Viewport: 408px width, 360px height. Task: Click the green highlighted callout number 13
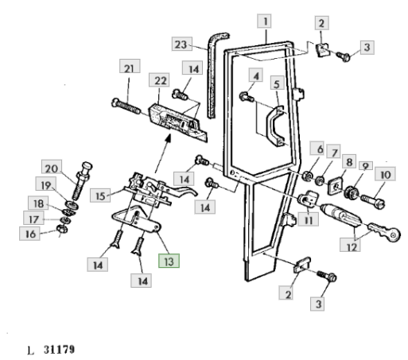(169, 261)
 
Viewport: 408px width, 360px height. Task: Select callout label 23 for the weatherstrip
(182, 44)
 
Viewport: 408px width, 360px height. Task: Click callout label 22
(159, 80)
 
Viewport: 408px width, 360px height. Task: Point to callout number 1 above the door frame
(264, 21)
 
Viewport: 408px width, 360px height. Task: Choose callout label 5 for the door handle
(278, 83)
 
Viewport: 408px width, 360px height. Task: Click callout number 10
(385, 174)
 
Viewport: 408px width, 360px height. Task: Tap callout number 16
(29, 234)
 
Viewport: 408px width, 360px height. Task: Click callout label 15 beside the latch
(100, 195)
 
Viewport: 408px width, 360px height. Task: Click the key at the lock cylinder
(384, 230)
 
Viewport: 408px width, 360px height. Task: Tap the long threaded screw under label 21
(126, 106)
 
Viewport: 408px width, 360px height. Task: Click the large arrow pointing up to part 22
(162, 154)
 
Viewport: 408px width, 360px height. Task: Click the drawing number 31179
(60, 350)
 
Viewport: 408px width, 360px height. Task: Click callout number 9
(366, 166)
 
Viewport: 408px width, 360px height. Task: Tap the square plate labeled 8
(336, 186)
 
